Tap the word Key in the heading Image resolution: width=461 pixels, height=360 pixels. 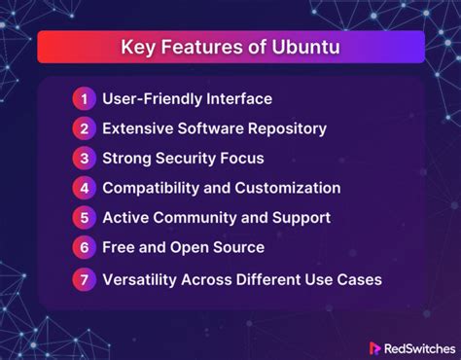click(136, 47)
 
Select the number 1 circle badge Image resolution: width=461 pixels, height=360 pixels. click(84, 98)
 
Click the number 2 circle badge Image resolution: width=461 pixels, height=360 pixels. click(84, 127)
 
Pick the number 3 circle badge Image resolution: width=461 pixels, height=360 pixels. click(84, 158)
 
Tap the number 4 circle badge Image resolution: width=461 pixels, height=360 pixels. click(84, 187)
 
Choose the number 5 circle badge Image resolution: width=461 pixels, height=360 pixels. click(84, 217)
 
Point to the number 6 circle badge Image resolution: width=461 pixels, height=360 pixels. click(84, 247)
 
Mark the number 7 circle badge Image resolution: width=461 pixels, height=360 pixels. click(84, 279)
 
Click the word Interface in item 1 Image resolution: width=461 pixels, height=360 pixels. click(238, 98)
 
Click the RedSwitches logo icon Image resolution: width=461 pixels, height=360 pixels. click(374, 347)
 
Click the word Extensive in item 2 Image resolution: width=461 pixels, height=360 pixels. click(140, 127)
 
